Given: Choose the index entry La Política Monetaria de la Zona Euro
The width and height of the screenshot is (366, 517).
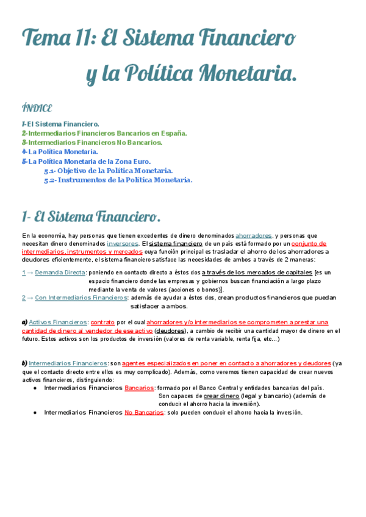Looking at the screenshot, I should pyautogui.click(x=89, y=161).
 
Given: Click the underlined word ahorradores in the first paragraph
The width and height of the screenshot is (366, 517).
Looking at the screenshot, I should pyautogui.click(x=254, y=235).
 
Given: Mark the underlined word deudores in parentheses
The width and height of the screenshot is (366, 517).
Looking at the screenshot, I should pyautogui.click(x=172, y=330).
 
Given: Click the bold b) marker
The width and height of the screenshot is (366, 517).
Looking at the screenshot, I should pyautogui.click(x=24, y=363).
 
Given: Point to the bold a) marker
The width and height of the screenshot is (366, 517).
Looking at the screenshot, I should pyautogui.click(x=24, y=322).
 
